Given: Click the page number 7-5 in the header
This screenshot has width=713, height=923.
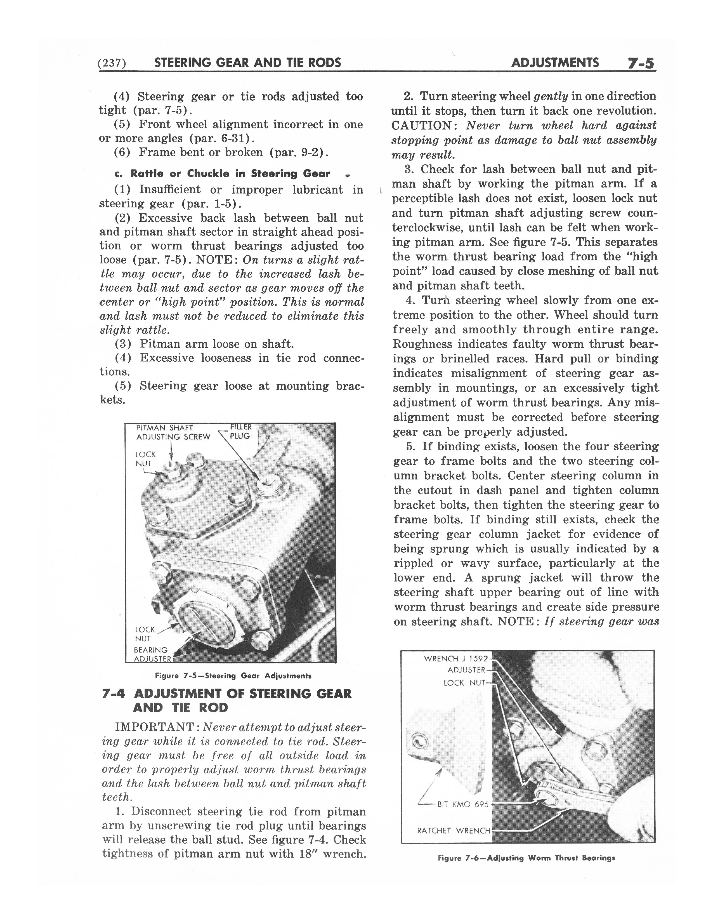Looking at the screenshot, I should point(640,63).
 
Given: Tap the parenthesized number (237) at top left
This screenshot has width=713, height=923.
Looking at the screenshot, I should point(112,63).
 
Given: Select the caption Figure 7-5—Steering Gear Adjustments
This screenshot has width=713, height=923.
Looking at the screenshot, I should point(233,675).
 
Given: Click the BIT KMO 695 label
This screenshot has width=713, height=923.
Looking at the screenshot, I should point(463,804).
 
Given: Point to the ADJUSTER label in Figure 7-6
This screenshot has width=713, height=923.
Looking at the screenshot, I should point(466,670).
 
